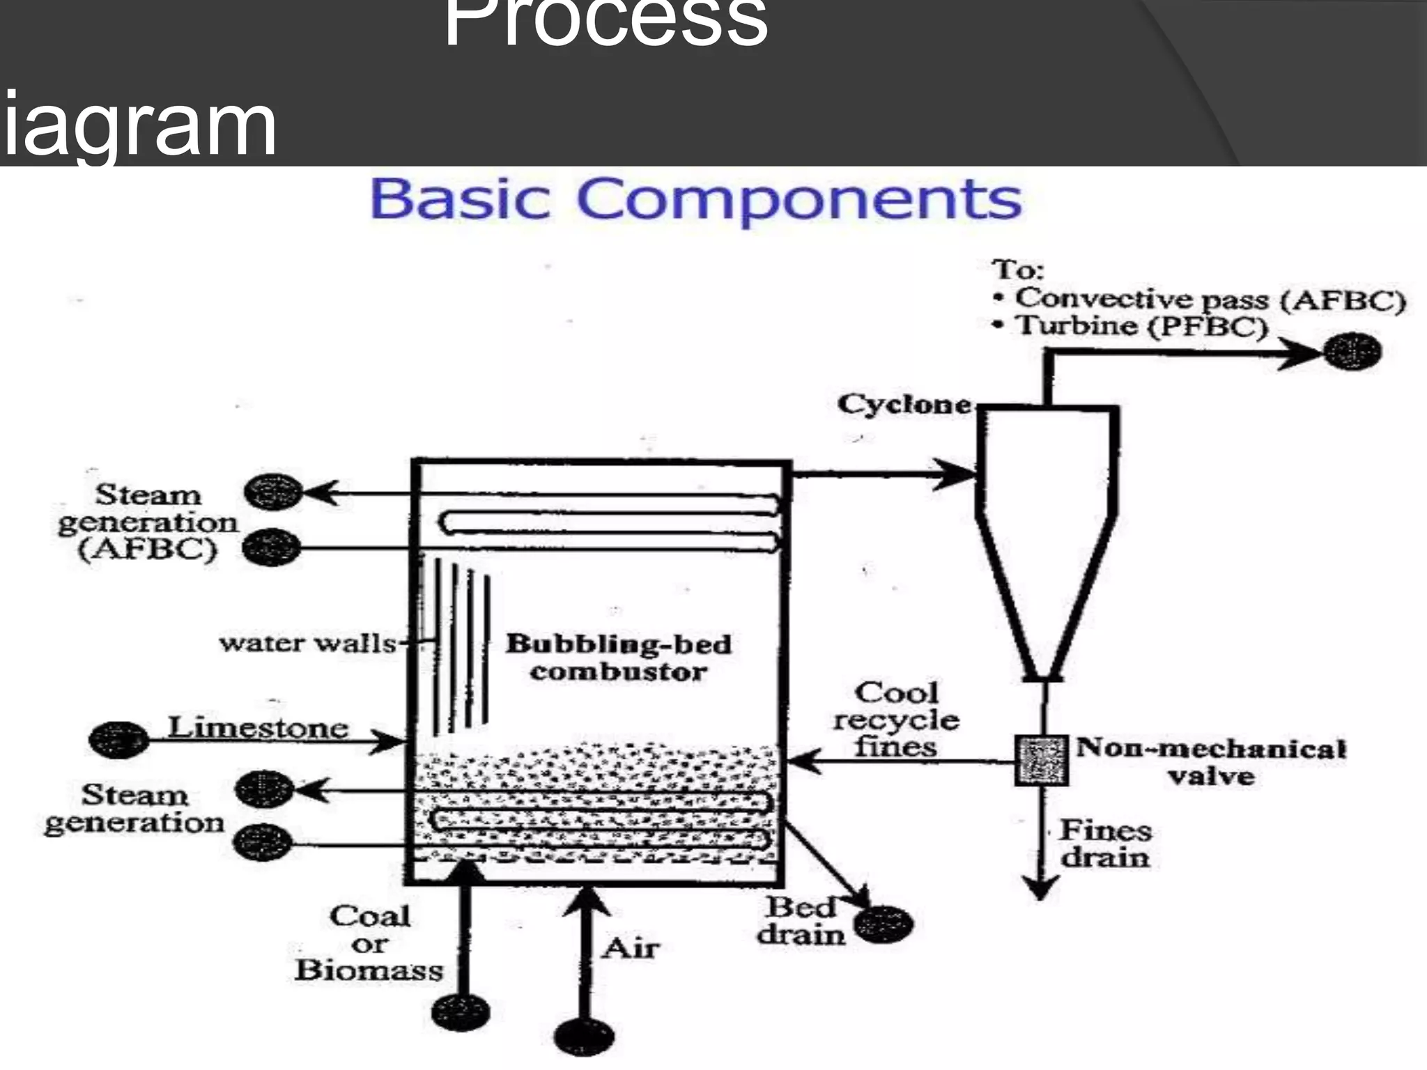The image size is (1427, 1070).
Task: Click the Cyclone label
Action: [904, 404]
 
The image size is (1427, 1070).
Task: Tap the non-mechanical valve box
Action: [1041, 760]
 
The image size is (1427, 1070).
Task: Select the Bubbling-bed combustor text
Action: [618, 658]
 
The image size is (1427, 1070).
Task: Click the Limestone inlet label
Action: [258, 727]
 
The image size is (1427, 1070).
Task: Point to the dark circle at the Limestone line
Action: [118, 740]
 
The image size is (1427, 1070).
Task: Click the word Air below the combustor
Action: [631, 948]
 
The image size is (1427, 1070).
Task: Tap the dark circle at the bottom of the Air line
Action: [585, 1037]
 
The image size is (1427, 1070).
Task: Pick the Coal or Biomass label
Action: [369, 943]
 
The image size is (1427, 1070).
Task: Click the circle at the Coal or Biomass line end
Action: [461, 1011]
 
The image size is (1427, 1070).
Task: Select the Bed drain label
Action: [801, 921]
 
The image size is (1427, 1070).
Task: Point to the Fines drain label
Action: [1105, 844]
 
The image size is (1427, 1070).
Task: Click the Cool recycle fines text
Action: [896, 720]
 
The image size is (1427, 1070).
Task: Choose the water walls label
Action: [307, 642]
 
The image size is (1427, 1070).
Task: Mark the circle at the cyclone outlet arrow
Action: [1352, 351]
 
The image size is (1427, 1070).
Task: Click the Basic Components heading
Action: [695, 199]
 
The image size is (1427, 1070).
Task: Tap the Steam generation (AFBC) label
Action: [148, 522]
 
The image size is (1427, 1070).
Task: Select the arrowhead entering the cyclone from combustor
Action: [958, 474]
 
